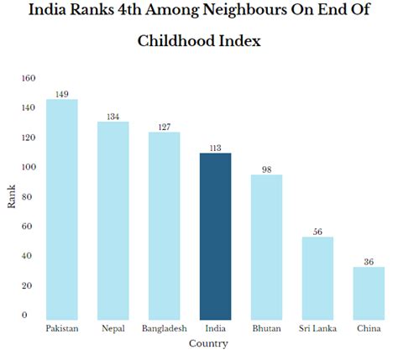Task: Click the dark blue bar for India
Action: click(x=216, y=236)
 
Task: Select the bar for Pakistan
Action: click(x=62, y=209)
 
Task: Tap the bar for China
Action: click(x=369, y=293)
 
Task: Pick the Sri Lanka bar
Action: click(x=317, y=278)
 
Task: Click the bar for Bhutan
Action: click(x=266, y=247)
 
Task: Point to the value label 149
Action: click(x=62, y=94)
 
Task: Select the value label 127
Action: click(x=165, y=127)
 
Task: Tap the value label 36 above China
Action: click(x=369, y=262)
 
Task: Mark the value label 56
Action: click(x=317, y=232)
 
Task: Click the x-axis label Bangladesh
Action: click(x=165, y=328)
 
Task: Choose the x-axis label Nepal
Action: click(x=113, y=328)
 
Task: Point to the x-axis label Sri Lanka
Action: click(x=317, y=328)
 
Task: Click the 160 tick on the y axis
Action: click(x=29, y=78)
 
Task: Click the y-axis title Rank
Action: click(x=13, y=196)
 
